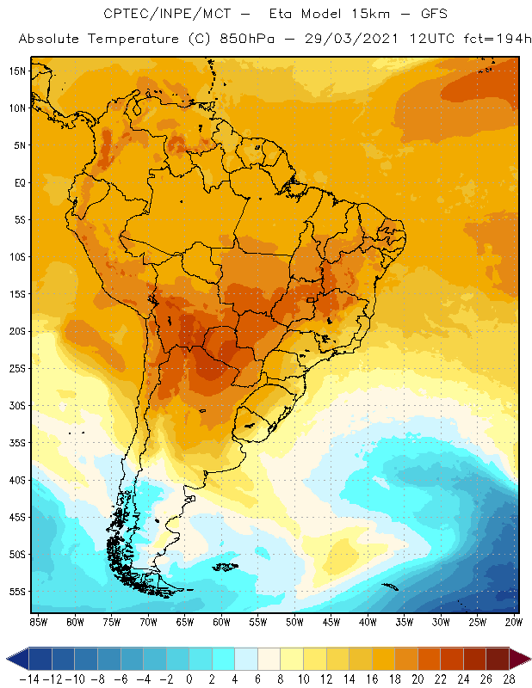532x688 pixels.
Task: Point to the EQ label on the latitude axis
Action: coord(19,182)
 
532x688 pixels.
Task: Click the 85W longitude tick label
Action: coord(38,621)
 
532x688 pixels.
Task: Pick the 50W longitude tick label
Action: coord(295,621)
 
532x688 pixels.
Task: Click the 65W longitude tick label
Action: coord(185,621)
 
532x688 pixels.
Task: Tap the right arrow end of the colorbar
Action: coord(519,659)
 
